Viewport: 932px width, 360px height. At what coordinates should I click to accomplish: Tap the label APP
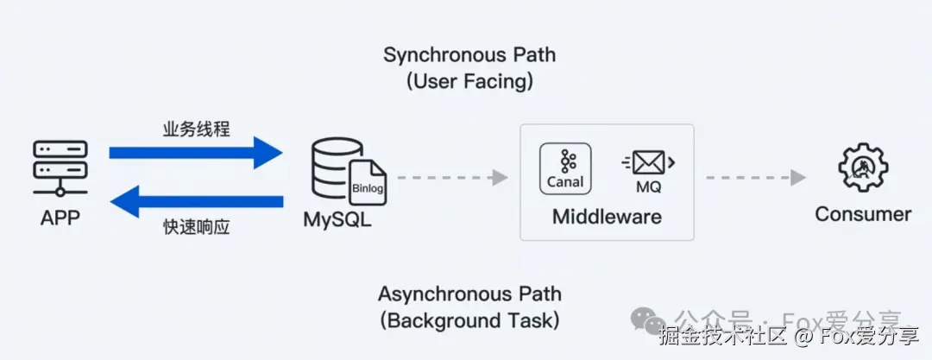(x=60, y=218)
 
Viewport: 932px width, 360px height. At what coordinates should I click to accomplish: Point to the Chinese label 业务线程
(x=197, y=129)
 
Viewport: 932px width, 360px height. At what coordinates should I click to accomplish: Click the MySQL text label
(x=337, y=219)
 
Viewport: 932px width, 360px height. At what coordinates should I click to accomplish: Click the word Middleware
(x=607, y=216)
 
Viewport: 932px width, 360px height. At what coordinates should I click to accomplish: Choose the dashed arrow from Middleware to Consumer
(x=750, y=178)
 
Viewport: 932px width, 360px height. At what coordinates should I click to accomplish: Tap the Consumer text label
(x=863, y=214)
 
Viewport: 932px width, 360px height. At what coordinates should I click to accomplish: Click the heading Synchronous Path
(x=469, y=55)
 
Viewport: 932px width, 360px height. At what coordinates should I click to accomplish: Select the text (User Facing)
(x=469, y=82)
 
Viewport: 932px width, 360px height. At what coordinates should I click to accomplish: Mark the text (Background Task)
(x=469, y=320)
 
